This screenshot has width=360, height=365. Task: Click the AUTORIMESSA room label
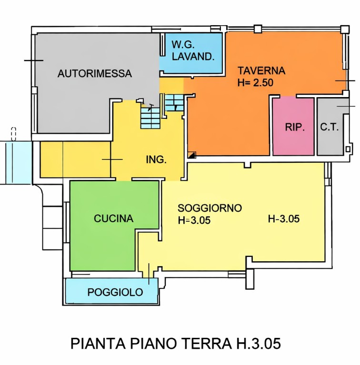(x=94, y=74)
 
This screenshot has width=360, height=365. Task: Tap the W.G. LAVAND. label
(x=193, y=51)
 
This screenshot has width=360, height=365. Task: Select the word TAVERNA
(x=261, y=71)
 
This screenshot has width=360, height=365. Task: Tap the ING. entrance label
(x=156, y=160)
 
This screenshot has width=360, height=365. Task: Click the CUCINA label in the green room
(x=113, y=219)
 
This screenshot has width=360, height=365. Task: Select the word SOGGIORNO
(x=210, y=208)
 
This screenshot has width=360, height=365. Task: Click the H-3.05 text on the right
(x=284, y=219)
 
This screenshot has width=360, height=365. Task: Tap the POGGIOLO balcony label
(x=115, y=292)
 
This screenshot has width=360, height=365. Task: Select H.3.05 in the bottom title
(x=261, y=344)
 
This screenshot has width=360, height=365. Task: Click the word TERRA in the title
(x=206, y=344)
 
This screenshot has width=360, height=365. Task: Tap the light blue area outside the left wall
(x=15, y=162)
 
